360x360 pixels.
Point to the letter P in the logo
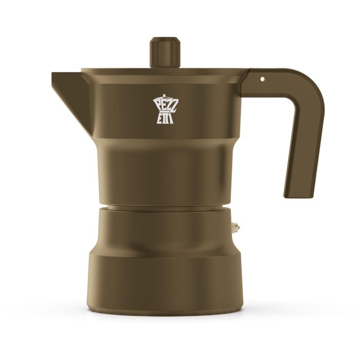[x=156, y=103]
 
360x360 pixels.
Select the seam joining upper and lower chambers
[x=164, y=207]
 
